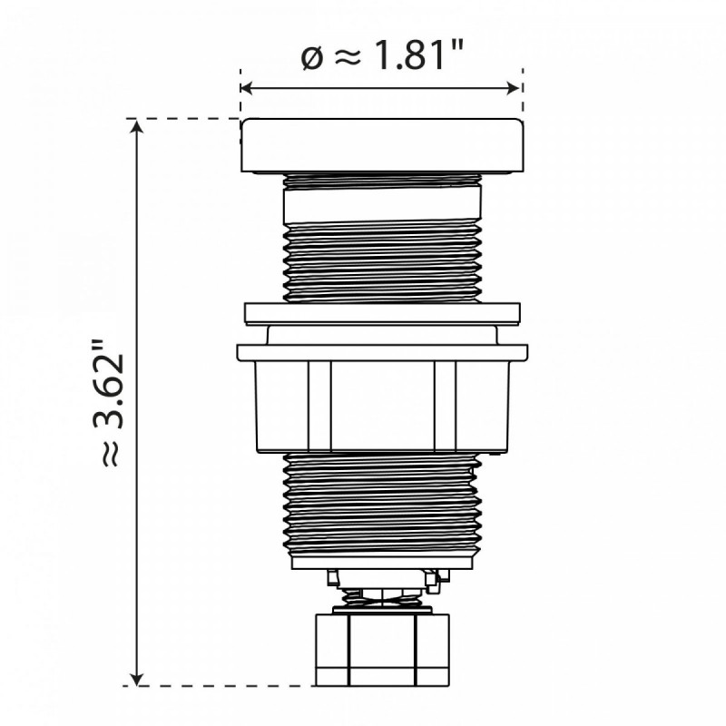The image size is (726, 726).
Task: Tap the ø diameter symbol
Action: click(311, 57)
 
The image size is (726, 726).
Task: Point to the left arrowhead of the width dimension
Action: click(246, 88)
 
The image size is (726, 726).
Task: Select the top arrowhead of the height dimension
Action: click(137, 126)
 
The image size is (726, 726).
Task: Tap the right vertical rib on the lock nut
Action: click(444, 406)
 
